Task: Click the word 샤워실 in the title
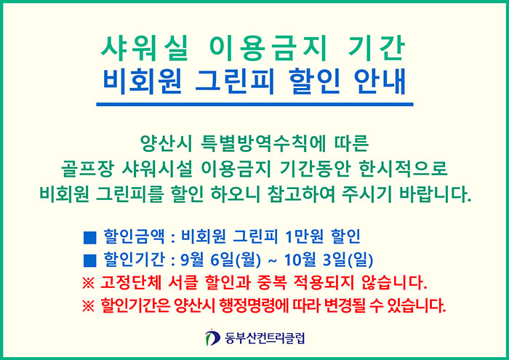coord(145,49)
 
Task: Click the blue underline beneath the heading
coord(254,104)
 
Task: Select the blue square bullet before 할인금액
coord(89,237)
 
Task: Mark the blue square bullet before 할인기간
coord(89,260)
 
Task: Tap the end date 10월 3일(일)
coord(329,260)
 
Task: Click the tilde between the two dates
coord(273,260)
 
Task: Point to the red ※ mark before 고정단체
coord(88,284)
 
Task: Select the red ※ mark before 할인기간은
coord(88,305)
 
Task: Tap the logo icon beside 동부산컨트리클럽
coord(212,337)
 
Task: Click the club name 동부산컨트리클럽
coord(265,338)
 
